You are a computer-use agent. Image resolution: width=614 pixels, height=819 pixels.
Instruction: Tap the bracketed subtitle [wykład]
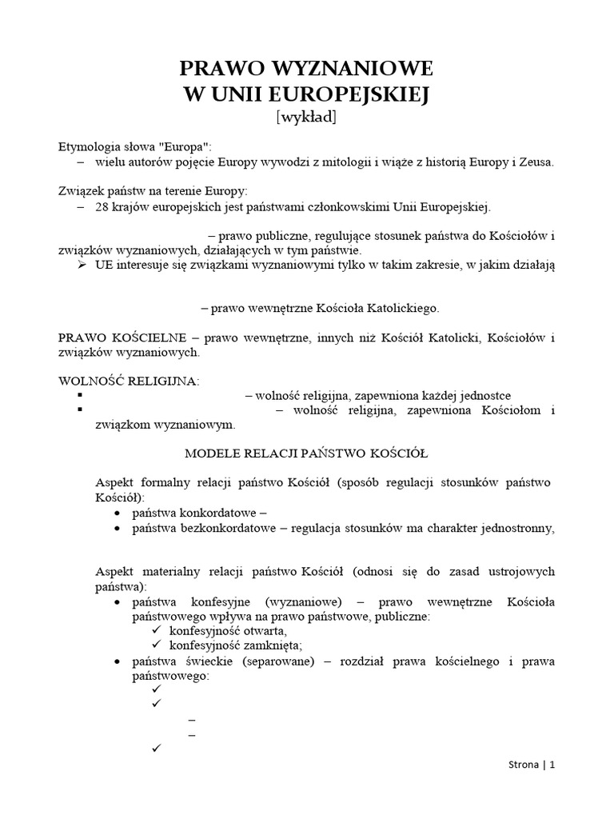(x=306, y=118)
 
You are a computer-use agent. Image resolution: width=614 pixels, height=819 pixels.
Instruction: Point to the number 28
(x=102, y=206)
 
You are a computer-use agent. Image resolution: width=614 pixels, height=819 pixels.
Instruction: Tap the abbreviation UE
(x=104, y=265)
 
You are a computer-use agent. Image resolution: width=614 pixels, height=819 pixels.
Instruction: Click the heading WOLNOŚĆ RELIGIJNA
(x=128, y=382)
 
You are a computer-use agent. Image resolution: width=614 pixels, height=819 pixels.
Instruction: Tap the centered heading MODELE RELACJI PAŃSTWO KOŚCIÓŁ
(x=306, y=453)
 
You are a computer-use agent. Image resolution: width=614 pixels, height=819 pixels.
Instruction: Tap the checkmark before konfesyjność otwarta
(x=156, y=631)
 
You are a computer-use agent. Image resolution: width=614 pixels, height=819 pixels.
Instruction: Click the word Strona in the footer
(x=524, y=787)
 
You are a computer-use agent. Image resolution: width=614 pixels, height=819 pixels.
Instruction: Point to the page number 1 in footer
(x=552, y=787)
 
